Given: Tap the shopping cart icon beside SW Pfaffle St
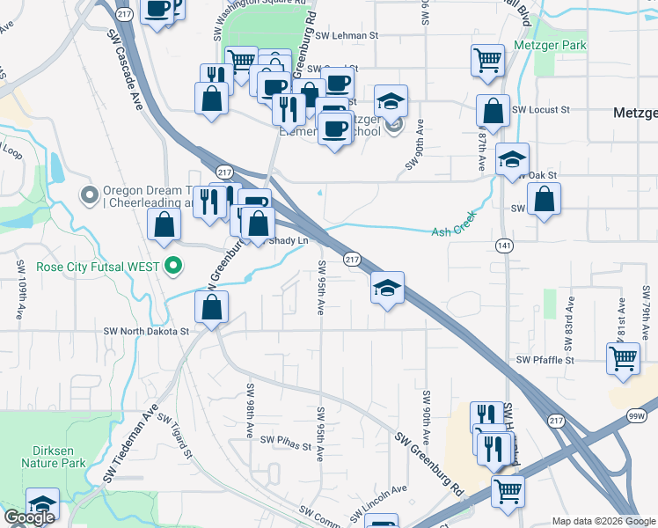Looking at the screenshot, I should (623, 359).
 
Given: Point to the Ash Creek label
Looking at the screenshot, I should (454, 231).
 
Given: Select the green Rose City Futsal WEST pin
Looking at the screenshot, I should (174, 265).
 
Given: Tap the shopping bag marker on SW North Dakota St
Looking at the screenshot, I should (211, 308).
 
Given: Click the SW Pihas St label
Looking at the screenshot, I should (281, 447).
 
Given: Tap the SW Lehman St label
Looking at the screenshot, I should (346, 36).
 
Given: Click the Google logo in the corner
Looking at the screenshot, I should (29, 517).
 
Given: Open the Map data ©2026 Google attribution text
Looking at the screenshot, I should (603, 521).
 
